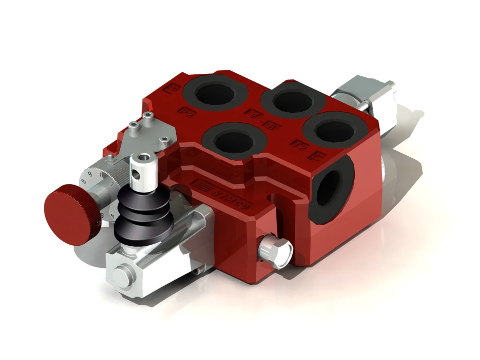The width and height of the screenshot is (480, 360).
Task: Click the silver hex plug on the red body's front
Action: click(x=275, y=249)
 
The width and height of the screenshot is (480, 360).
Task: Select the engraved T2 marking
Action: click(x=298, y=145)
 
